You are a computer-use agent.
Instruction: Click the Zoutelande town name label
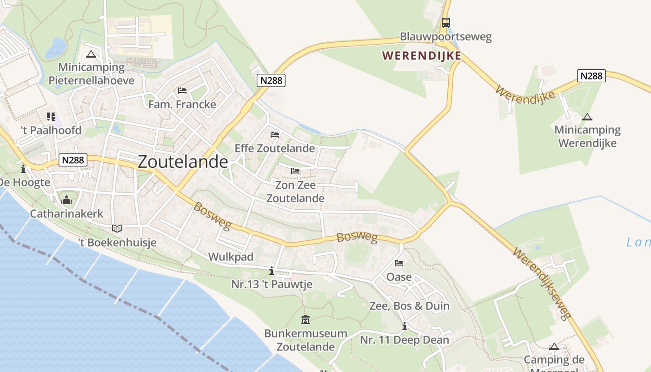pos(183,161)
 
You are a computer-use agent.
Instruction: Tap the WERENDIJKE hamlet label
pos(422,56)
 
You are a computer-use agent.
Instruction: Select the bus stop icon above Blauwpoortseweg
pos(445,22)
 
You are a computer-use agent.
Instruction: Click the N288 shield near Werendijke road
pos(591,76)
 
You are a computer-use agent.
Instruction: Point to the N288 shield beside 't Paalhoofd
pos(73,160)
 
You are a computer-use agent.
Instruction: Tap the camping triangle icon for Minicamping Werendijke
pos(587,117)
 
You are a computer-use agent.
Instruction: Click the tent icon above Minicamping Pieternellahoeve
pos(91,54)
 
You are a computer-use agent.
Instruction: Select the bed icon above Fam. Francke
pos(182,90)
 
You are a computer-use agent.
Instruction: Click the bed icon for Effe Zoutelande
pos(275,135)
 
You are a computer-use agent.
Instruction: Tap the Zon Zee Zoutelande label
pos(295,192)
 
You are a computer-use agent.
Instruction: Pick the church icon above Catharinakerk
pos(66,200)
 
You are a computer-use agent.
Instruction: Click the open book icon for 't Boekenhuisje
pos(117,228)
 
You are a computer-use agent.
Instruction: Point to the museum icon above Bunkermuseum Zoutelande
pos(306,319)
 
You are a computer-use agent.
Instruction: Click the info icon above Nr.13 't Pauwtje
pos(272,271)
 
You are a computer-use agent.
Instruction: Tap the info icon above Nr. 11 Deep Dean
pos(404,326)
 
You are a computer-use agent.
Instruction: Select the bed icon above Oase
pos(399,263)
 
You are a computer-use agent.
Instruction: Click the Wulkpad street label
pos(231,257)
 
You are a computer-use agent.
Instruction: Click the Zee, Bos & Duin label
pos(409,306)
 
